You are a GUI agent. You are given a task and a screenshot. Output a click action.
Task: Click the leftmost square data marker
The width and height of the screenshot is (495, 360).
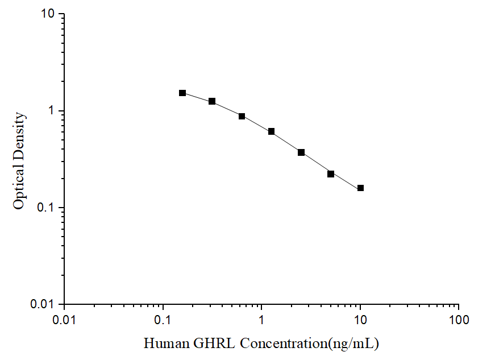point(182,93)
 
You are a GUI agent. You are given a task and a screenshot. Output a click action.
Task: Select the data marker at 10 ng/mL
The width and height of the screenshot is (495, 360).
point(360,188)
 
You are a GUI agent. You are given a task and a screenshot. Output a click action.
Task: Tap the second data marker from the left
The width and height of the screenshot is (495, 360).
point(212,101)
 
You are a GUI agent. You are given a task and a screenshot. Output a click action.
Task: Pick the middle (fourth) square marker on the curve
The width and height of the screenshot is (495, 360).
point(271,131)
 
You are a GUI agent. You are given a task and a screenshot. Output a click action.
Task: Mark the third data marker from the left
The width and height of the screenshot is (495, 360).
point(242,116)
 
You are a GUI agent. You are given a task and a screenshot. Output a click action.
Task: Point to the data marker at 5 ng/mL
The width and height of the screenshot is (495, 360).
point(331,173)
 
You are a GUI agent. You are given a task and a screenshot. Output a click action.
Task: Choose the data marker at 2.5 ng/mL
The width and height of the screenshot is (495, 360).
point(301,152)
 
